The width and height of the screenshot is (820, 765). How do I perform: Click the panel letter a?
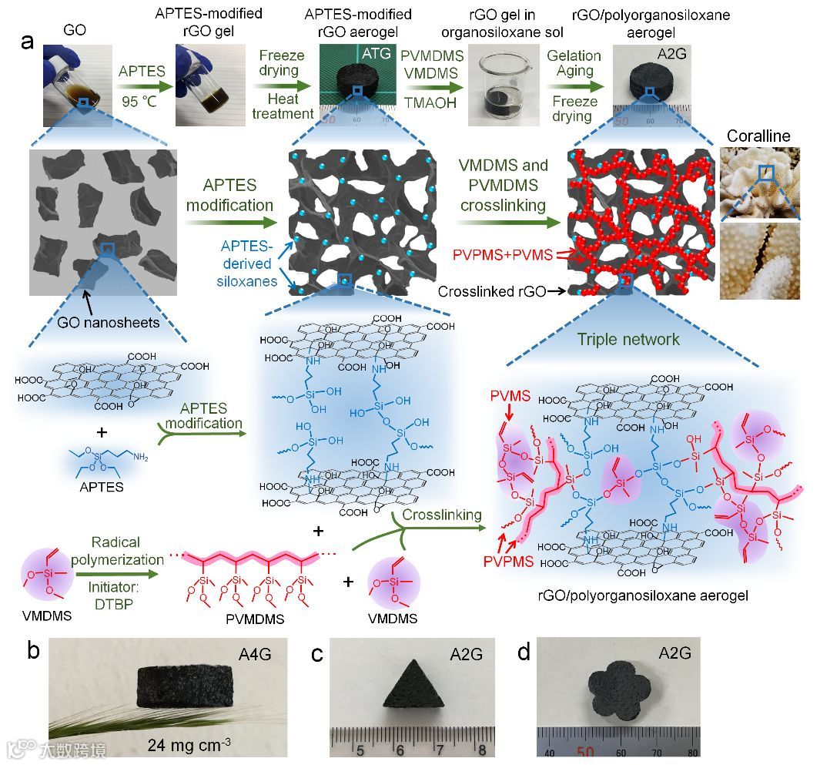[28, 42]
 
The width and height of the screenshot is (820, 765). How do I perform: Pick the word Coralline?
[758, 136]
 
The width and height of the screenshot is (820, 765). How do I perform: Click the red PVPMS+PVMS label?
[501, 254]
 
